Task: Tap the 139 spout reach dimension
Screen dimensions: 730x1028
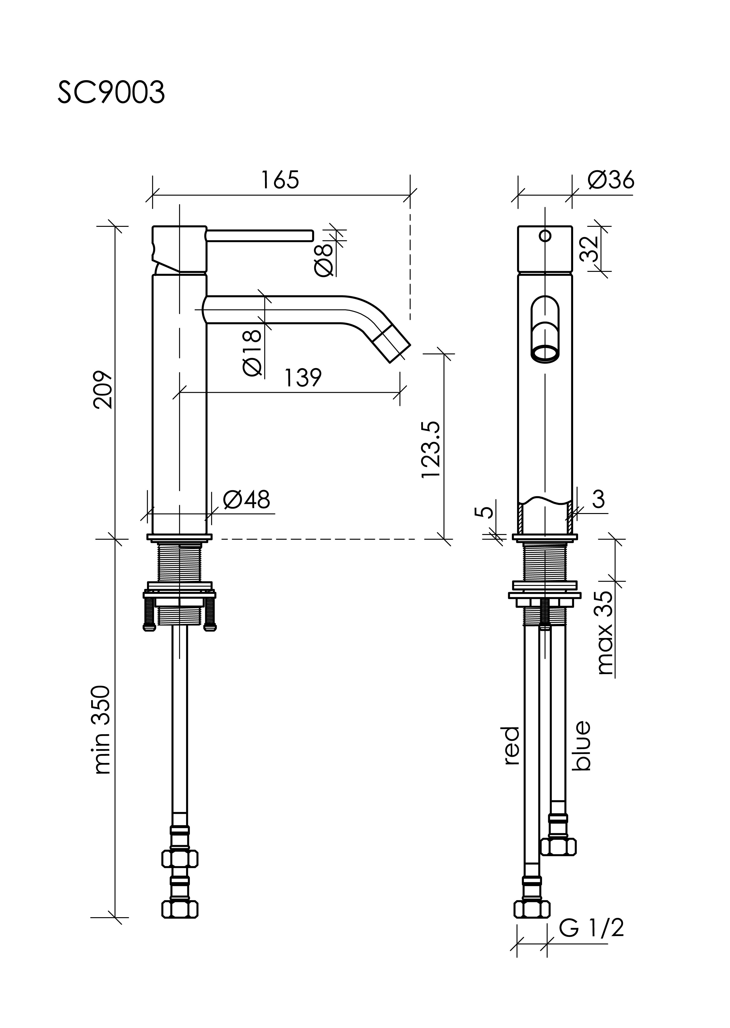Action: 302,377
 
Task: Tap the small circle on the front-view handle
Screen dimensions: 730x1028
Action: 545,235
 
